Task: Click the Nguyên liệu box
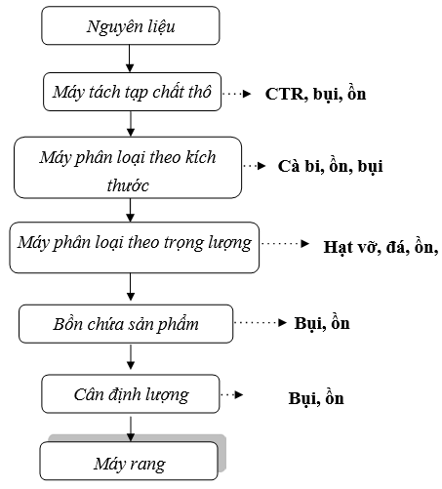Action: click(x=130, y=26)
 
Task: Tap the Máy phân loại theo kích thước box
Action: click(x=129, y=170)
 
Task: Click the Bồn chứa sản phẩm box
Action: click(x=127, y=322)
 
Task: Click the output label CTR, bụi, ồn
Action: click(x=315, y=96)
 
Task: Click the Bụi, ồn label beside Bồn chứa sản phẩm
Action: click(x=321, y=322)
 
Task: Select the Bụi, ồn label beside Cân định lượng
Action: click(x=316, y=398)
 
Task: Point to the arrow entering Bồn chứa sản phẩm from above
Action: click(x=130, y=289)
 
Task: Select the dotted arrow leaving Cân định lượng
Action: click(x=231, y=395)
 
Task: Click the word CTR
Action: click(x=283, y=96)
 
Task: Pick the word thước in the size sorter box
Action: click(x=129, y=183)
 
